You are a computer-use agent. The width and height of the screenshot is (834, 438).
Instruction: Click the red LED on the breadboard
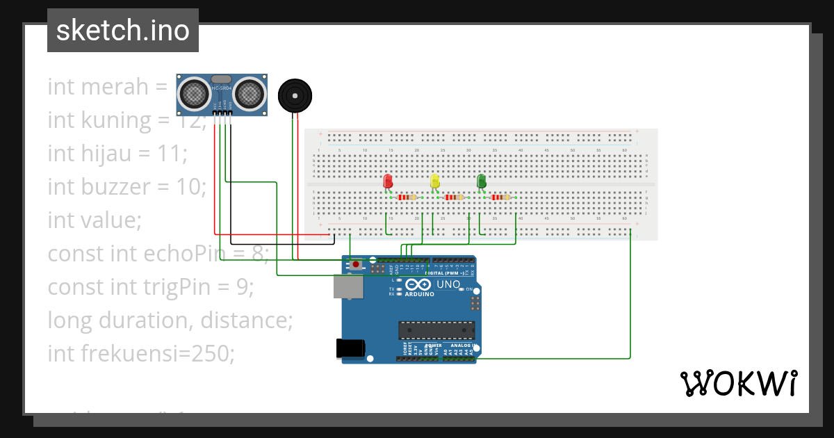pos(388,181)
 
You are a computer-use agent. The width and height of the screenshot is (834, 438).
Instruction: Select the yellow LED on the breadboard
pos(435,181)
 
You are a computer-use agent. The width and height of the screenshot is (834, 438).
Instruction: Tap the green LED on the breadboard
pos(481,181)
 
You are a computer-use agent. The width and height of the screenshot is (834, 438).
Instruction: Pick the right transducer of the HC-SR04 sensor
pos(249,92)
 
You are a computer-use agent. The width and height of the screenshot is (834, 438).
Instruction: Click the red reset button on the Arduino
pos(357,265)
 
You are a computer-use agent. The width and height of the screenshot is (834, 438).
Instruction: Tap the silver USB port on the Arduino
pos(347,286)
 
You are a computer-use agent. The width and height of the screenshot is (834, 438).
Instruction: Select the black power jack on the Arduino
pos(350,348)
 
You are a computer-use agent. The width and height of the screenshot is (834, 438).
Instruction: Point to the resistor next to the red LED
pos(407,197)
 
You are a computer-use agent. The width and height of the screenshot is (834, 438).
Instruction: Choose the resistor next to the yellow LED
pos(453,197)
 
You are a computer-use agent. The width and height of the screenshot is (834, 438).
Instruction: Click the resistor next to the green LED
pos(500,197)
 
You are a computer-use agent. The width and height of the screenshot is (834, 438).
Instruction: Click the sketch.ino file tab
pos(123,31)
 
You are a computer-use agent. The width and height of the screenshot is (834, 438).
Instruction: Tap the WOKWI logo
pos(738,383)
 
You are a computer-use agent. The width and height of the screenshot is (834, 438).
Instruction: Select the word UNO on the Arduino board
pos(448,284)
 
